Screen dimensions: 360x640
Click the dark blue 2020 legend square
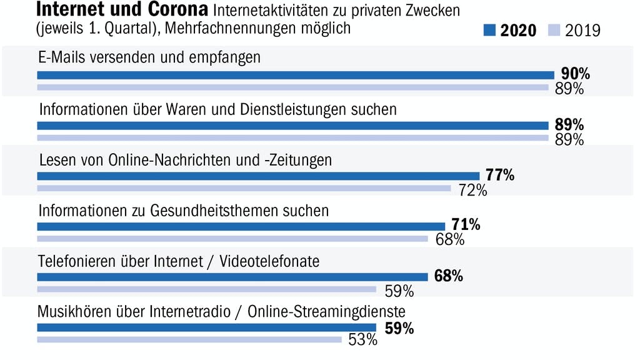(489, 30)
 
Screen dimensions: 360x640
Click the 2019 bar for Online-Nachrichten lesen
(244, 188)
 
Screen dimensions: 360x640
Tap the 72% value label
(472, 190)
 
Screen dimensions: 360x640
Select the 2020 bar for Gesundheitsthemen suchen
(241, 226)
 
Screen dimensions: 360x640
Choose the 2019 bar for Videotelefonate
(206, 289)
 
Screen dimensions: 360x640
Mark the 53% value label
(362, 340)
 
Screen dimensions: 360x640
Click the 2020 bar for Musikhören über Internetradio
(206, 327)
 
